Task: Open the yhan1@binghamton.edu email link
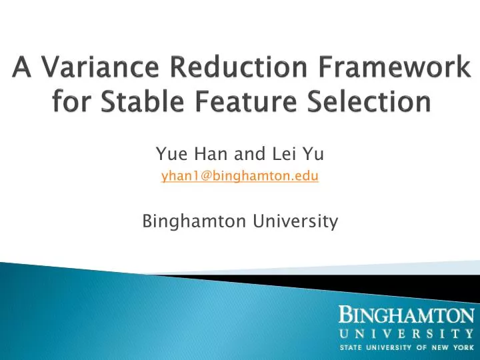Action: point(240,176)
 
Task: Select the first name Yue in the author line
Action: point(169,155)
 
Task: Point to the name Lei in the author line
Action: point(276,155)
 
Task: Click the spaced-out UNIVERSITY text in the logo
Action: point(406,333)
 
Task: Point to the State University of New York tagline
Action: point(406,348)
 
